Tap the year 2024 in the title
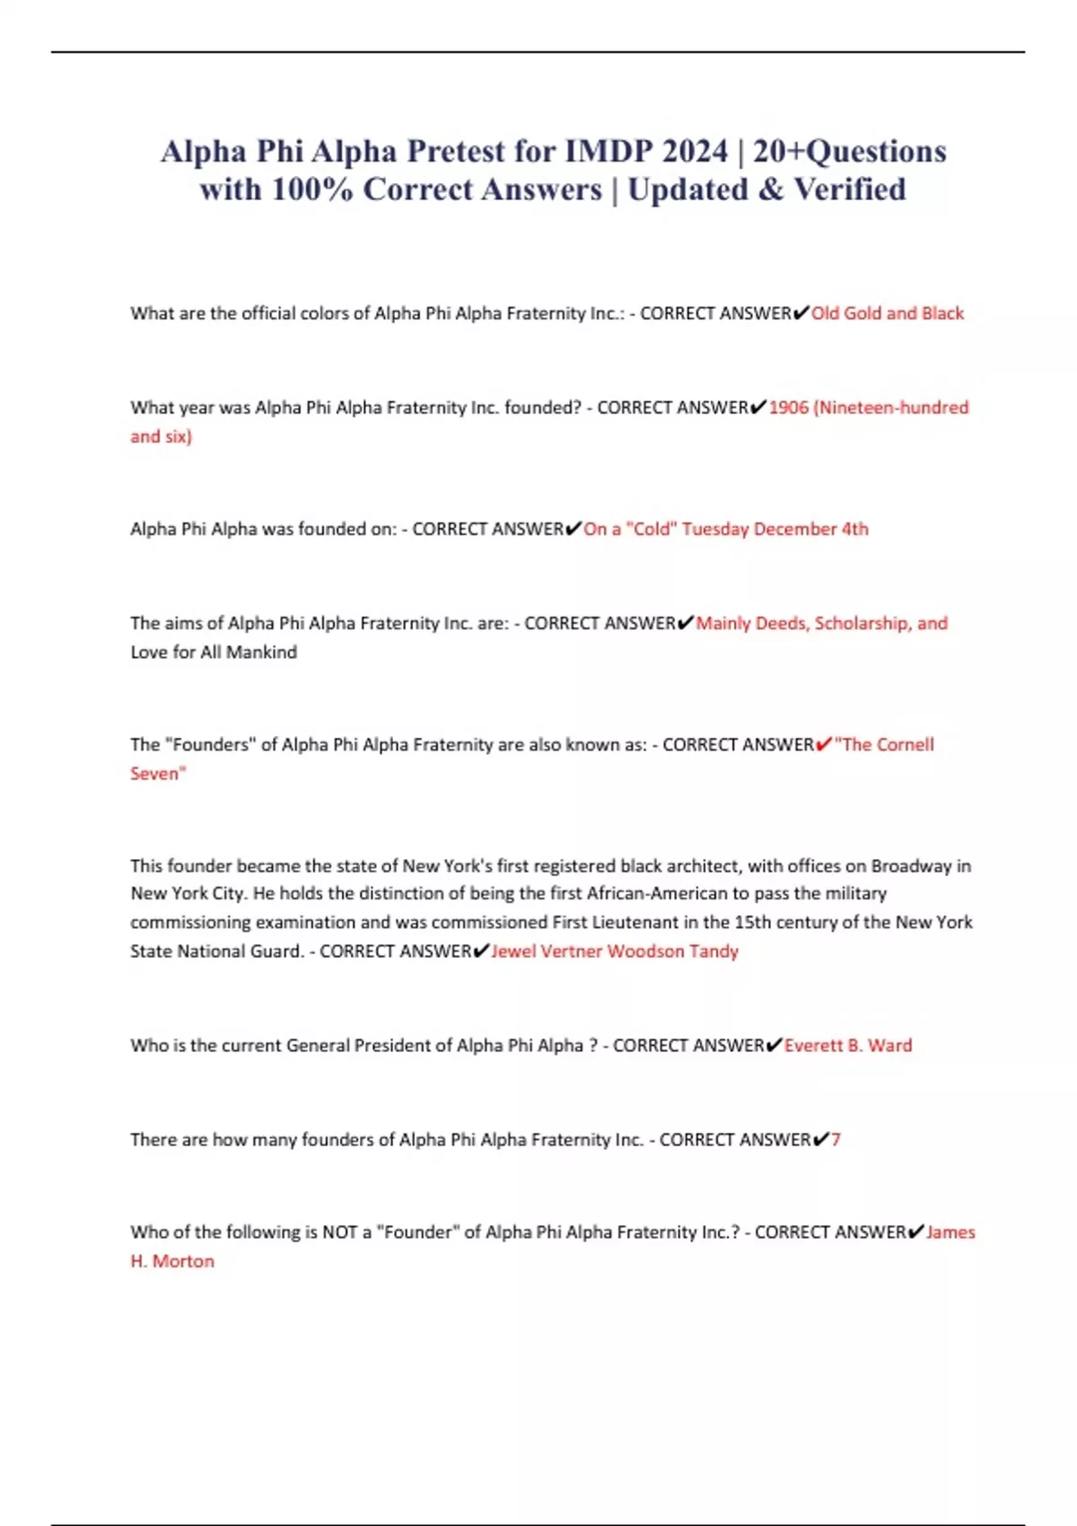pyautogui.click(x=695, y=151)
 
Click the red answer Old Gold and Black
pyautogui.click(x=887, y=313)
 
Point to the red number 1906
pyautogui.click(x=789, y=408)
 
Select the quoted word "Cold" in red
pyautogui.click(x=652, y=529)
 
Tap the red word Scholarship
pyautogui.click(x=861, y=623)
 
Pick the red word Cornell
pyautogui.click(x=905, y=744)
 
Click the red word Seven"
pyautogui.click(x=158, y=773)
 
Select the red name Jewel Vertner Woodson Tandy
pyautogui.click(x=615, y=951)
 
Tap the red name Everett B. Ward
pyautogui.click(x=848, y=1045)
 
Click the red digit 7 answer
pyautogui.click(x=836, y=1139)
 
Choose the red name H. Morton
pyautogui.click(x=172, y=1260)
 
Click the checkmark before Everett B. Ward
pyautogui.click(x=774, y=1045)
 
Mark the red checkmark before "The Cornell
pyautogui.click(x=823, y=744)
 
